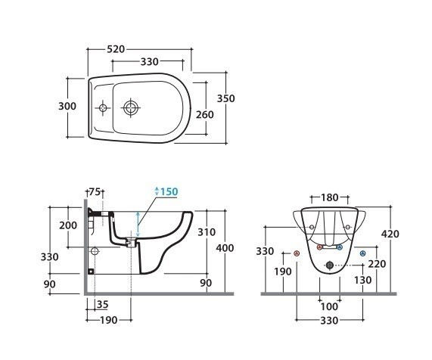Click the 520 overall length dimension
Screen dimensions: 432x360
coord(116,49)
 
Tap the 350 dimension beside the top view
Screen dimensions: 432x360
coord(226,98)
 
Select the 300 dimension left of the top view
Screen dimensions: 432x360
coord(67,106)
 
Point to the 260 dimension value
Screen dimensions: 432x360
coord(205,115)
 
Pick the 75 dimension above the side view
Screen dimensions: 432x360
coord(95,191)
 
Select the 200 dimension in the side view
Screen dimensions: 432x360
coord(68,225)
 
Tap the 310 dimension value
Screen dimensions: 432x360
coord(207,232)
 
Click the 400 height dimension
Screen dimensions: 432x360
coord(225,248)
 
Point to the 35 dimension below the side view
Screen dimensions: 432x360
coord(102,304)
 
